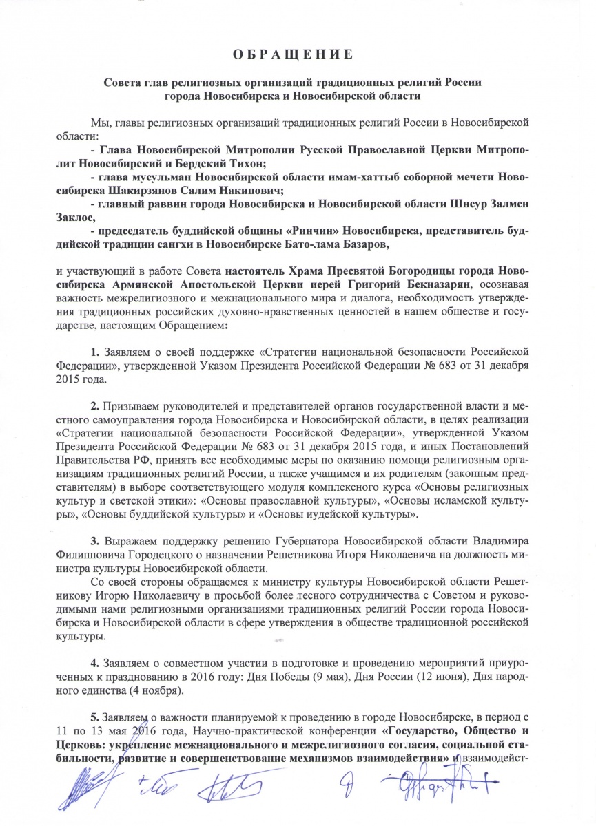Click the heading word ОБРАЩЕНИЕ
(x=298, y=54)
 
